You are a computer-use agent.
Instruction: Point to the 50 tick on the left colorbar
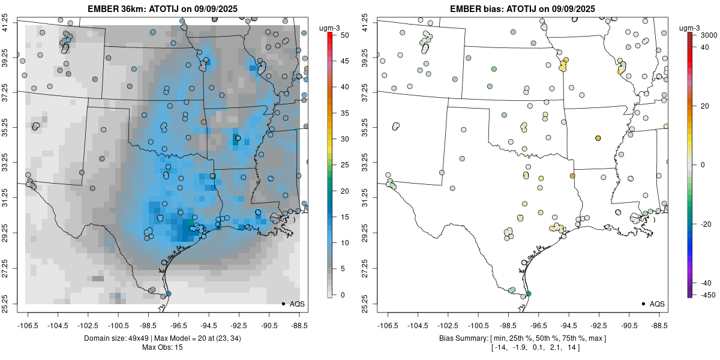[340, 35]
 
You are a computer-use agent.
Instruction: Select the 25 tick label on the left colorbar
[341, 164]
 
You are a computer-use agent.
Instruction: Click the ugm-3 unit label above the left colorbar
[328, 28]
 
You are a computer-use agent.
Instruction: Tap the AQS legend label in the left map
[297, 304]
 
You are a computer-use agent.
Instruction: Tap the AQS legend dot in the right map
[643, 304]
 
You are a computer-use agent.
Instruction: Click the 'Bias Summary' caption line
[522, 338]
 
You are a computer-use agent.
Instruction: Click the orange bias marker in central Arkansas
[598, 138]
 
